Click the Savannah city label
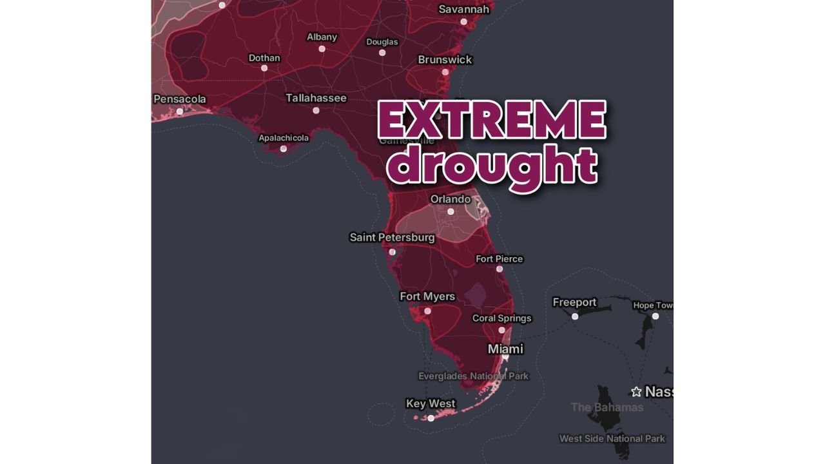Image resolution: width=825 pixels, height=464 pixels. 463,9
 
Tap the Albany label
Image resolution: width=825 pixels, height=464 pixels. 322,37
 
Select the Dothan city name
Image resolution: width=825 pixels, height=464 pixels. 264,58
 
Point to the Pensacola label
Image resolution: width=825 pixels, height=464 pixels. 180,99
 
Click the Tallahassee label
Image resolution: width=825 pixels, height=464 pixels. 316,98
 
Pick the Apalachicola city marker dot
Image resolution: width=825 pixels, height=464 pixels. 283,149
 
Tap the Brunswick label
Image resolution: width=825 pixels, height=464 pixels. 445,59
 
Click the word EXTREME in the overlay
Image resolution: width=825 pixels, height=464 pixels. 492,120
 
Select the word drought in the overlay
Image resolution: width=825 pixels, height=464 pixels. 495,166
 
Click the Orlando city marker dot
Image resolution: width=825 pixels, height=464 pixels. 451,211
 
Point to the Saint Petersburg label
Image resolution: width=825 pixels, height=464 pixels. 392,237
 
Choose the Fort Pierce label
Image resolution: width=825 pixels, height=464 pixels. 499,259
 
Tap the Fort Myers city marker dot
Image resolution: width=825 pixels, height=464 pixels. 427,311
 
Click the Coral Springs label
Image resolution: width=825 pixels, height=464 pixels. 501,318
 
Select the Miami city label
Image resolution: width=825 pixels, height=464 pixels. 505,349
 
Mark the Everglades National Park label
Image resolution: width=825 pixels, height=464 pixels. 473,376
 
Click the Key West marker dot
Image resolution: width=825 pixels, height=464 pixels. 431,418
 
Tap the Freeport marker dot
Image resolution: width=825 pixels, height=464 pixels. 575,316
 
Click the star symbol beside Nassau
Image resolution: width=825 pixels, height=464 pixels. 636,392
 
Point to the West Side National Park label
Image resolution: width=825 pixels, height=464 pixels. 612,439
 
